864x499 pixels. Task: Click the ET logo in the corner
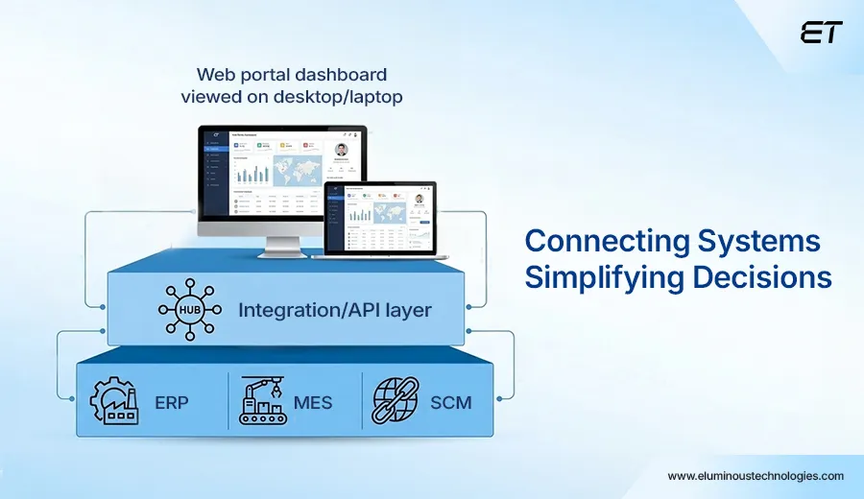(821, 32)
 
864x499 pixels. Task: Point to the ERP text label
(171, 401)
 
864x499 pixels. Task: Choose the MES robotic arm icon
(262, 400)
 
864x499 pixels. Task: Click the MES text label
(313, 401)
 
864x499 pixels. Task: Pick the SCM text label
(451, 401)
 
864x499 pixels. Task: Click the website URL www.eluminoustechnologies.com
(756, 476)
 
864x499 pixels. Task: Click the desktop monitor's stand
(281, 247)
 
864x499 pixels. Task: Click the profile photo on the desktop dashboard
(342, 151)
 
